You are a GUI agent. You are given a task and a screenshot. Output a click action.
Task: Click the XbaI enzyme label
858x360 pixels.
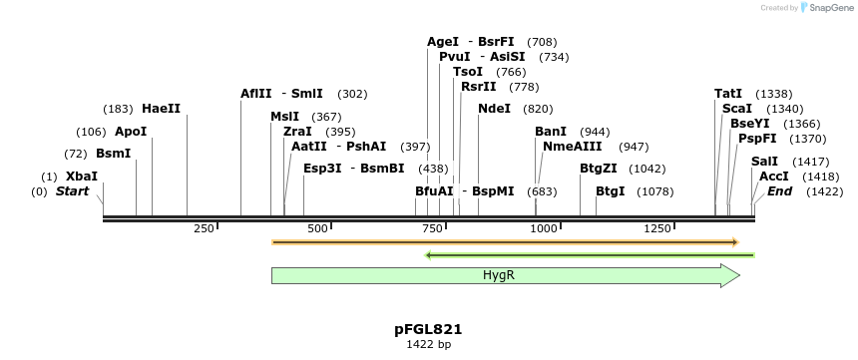pos(82,177)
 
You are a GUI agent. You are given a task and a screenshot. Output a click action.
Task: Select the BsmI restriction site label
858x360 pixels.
pos(113,154)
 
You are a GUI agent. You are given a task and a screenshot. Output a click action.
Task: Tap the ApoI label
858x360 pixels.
pos(131,131)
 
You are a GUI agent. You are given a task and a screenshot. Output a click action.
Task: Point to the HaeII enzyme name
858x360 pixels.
pos(161,108)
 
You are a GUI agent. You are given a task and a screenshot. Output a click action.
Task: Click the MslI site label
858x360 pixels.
pos(284,116)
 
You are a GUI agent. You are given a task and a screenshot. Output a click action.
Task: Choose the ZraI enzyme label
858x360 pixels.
pos(297,131)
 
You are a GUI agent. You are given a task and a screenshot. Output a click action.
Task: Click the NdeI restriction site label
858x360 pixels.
pos(494,108)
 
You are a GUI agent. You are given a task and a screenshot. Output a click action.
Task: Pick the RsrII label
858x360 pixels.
pos(479,86)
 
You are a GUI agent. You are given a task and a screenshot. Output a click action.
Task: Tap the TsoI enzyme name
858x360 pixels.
pos(468,71)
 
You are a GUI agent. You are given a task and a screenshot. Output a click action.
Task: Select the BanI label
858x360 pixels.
pos(551,131)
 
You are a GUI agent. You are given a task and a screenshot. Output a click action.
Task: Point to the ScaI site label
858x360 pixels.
pos(736,108)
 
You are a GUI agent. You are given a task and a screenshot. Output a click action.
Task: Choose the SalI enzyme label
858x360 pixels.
pos(764,161)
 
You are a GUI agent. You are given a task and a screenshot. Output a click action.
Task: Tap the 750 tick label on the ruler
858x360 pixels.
pos(432,228)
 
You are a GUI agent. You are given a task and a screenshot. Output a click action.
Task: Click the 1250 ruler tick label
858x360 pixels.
pos(656,228)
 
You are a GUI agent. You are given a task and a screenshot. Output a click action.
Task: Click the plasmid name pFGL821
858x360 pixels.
pos(428,329)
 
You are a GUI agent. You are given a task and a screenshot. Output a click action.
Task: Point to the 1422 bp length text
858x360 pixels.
pos(428,345)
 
